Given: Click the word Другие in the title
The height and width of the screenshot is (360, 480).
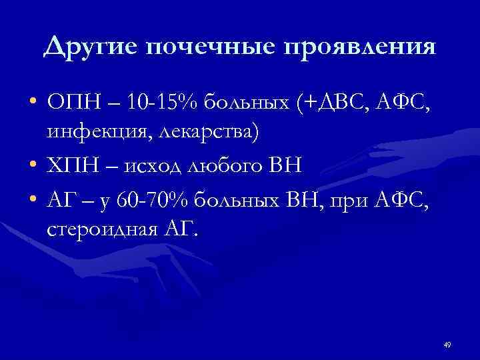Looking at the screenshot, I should pos(90,48).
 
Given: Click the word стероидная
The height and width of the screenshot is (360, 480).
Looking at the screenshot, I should pos(99,230).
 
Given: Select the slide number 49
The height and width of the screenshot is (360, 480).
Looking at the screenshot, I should pos(447,345).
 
